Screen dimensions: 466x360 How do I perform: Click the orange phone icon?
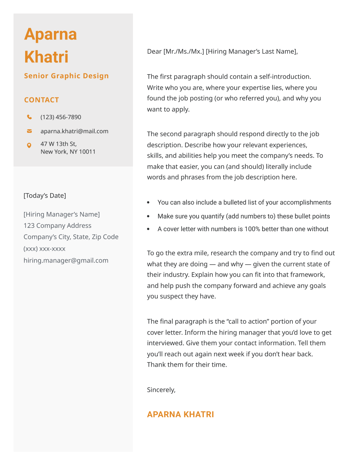tap(29, 117)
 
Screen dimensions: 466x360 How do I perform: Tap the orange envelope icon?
tap(29, 131)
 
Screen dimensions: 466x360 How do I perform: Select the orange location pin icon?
tap(29, 145)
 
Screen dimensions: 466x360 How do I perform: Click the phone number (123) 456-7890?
tap(61, 117)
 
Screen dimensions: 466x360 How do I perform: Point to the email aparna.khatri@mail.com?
tap(74, 131)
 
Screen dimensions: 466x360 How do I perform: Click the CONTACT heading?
tap(41, 100)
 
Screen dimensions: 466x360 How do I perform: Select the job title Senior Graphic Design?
tap(66, 76)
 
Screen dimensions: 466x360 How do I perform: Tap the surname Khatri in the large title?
tap(46, 57)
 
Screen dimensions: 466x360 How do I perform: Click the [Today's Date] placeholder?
tap(45, 196)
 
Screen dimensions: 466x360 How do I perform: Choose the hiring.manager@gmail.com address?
tap(66, 260)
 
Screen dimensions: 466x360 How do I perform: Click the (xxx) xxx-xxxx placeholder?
tap(44, 249)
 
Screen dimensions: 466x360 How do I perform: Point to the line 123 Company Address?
tap(57, 226)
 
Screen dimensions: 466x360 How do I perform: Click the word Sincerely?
tap(161, 390)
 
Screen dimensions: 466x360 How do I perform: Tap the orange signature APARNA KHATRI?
tap(180, 414)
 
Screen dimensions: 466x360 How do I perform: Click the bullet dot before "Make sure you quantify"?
tap(148, 216)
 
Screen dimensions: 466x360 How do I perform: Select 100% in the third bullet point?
tap(252, 229)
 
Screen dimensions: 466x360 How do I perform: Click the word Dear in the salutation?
tap(154, 52)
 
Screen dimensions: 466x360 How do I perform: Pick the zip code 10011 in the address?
tap(87, 152)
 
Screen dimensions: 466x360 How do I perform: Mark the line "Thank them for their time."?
tap(187, 365)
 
